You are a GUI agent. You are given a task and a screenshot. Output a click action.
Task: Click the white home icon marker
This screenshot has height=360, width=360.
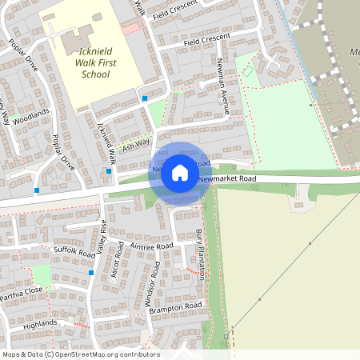pyautogui.click(x=180, y=172)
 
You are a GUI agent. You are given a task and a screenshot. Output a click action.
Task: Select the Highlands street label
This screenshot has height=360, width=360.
pyautogui.click(x=41, y=323)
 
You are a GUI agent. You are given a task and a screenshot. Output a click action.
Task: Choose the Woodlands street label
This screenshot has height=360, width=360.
pyautogui.click(x=31, y=118)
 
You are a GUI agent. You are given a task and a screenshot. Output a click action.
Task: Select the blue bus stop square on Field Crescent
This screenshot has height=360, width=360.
pyautogui.click(x=145, y=98)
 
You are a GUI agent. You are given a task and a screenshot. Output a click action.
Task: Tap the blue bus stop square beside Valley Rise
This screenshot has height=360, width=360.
pyautogui.click(x=92, y=273)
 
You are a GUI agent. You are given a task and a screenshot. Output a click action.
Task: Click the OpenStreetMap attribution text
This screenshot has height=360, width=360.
pyautogui.click(x=80, y=354)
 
